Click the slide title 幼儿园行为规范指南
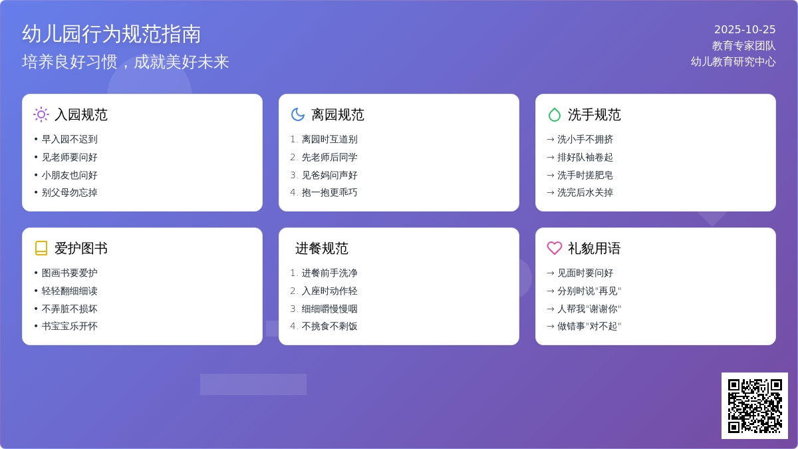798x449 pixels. [112, 34]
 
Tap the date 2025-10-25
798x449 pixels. [745, 30]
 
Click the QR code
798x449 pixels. [754, 406]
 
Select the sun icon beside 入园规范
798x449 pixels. [41, 114]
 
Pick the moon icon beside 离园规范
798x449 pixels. [298, 114]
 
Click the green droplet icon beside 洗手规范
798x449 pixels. [555, 114]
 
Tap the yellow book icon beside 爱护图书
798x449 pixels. [41, 248]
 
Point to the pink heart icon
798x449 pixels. [555, 248]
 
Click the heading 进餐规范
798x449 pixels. [322, 249]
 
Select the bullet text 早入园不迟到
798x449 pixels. [70, 140]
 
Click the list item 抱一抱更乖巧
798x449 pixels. [329, 193]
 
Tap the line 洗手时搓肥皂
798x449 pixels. [585, 176]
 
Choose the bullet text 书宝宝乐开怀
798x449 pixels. [70, 327]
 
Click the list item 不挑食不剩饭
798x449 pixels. [329, 327]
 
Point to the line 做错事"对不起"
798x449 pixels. [589, 327]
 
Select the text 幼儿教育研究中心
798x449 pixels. [733, 62]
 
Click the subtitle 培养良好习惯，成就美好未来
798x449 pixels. [126, 62]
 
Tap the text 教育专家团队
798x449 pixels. [743, 46]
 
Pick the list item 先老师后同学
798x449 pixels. [329, 158]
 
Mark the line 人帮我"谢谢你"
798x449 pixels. [589, 309]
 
